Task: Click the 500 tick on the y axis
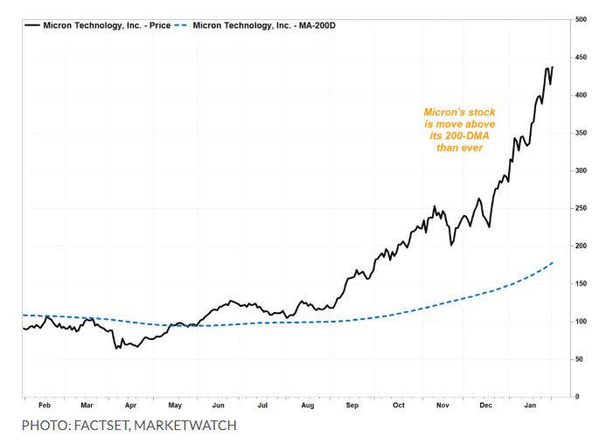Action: [x=581, y=18]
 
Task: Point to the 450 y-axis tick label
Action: [x=581, y=57]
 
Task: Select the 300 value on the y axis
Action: [x=581, y=170]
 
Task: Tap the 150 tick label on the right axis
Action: [x=581, y=284]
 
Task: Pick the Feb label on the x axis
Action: [x=45, y=406]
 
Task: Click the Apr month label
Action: [x=130, y=406]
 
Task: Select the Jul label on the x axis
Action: [x=261, y=406]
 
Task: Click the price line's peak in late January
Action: [x=552, y=67]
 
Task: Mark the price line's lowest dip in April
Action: [x=116, y=349]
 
